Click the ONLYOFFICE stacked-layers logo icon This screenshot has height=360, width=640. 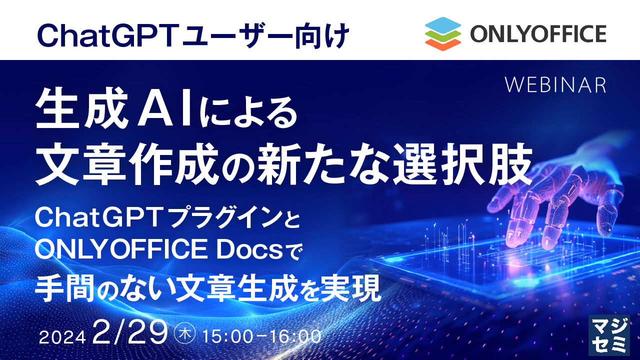(x=442, y=34)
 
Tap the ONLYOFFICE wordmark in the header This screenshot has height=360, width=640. (x=538, y=34)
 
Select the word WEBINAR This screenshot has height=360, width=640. (x=555, y=85)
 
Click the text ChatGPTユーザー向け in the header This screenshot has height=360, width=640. (x=192, y=34)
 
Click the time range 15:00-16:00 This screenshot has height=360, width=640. (x=261, y=336)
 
